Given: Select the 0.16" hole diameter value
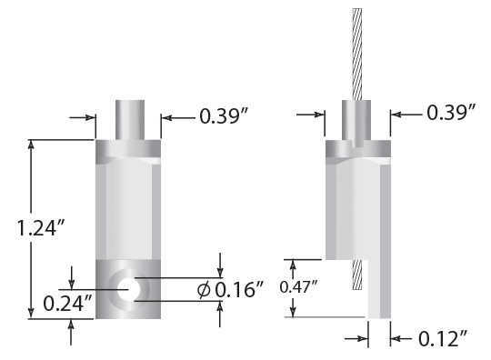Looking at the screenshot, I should pyautogui.click(x=239, y=290).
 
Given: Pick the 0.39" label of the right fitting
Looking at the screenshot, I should pyautogui.click(x=452, y=113).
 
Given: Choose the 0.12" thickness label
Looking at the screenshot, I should pyautogui.click(x=443, y=339).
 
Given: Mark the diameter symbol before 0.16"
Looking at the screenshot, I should pyautogui.click(x=204, y=290).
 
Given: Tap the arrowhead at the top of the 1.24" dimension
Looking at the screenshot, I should pyautogui.click(x=33, y=145).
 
